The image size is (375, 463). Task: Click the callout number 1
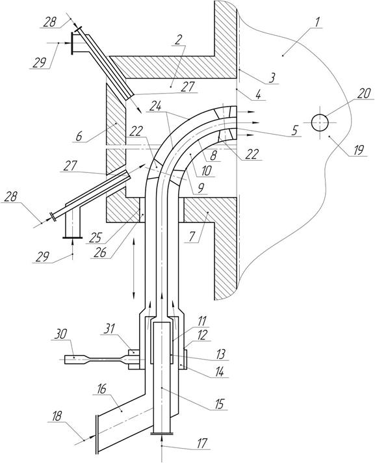[316, 22]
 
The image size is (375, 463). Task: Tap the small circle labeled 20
[320, 122]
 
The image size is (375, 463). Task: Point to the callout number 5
[295, 130]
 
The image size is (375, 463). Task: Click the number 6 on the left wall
[79, 136]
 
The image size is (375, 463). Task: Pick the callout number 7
[192, 237]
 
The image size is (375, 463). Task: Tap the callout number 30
[61, 334]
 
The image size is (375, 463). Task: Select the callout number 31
[109, 328]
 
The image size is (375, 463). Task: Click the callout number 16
[101, 389]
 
